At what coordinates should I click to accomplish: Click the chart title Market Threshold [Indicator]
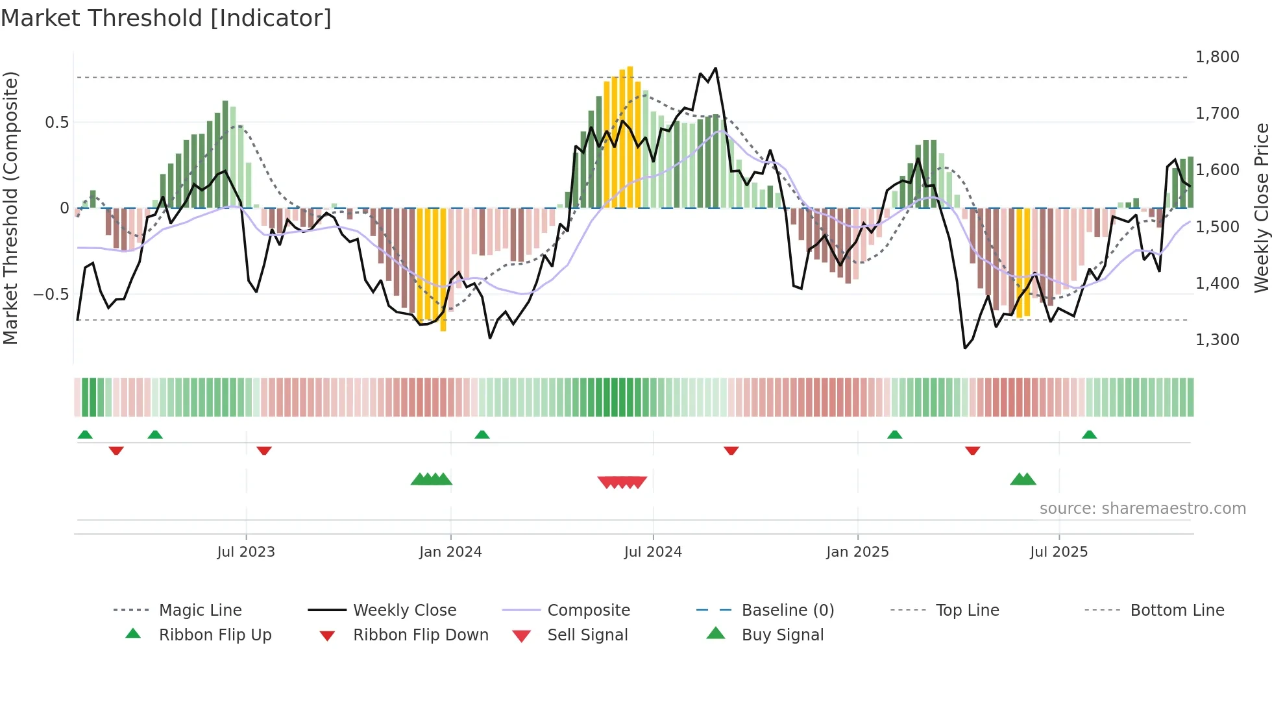166,18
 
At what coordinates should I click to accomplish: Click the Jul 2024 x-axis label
653,551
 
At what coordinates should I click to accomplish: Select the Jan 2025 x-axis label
857,551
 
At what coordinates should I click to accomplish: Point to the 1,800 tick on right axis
1217,57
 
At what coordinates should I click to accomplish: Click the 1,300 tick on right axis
1217,339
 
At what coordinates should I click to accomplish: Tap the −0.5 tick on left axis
51,294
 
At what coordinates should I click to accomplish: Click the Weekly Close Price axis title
1261,208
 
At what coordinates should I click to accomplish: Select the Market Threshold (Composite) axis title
10,208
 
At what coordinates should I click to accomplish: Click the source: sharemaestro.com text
1142,508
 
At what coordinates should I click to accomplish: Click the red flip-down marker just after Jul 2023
263,450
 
